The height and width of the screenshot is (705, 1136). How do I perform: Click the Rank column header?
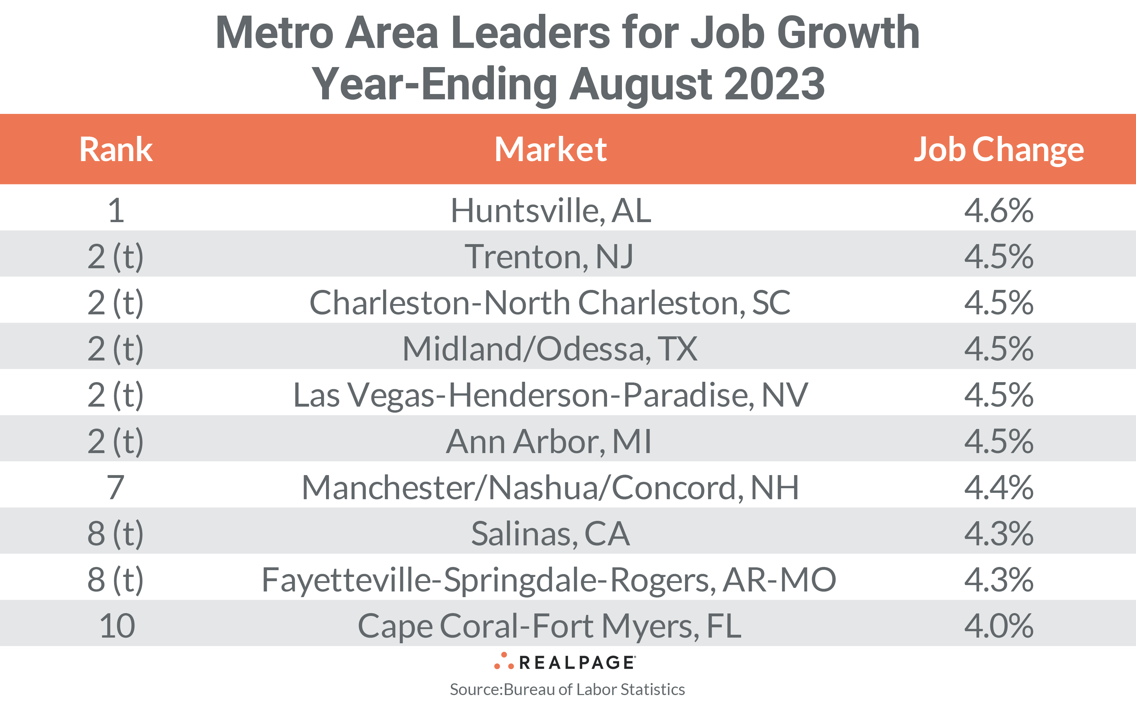116,150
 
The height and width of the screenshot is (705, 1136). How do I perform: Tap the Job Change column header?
998,150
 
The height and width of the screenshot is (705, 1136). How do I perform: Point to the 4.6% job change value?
998,211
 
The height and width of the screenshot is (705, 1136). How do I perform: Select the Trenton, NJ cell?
549,257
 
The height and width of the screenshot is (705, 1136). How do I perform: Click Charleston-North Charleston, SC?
550,303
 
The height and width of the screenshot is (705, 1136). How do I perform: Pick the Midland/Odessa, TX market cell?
550,349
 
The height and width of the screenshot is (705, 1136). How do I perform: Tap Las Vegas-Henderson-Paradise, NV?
550,395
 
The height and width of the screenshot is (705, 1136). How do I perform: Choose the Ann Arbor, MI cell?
549,441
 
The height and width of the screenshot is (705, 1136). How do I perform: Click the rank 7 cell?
116,487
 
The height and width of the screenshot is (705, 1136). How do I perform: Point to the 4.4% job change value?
998,487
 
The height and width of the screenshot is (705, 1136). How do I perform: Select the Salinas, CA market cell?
550,533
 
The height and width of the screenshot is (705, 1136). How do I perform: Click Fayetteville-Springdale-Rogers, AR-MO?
549,579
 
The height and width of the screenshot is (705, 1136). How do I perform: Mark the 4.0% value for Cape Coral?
998,626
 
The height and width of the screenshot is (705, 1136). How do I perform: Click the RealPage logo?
565,662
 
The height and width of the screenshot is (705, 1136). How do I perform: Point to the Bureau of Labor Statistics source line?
567,689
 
